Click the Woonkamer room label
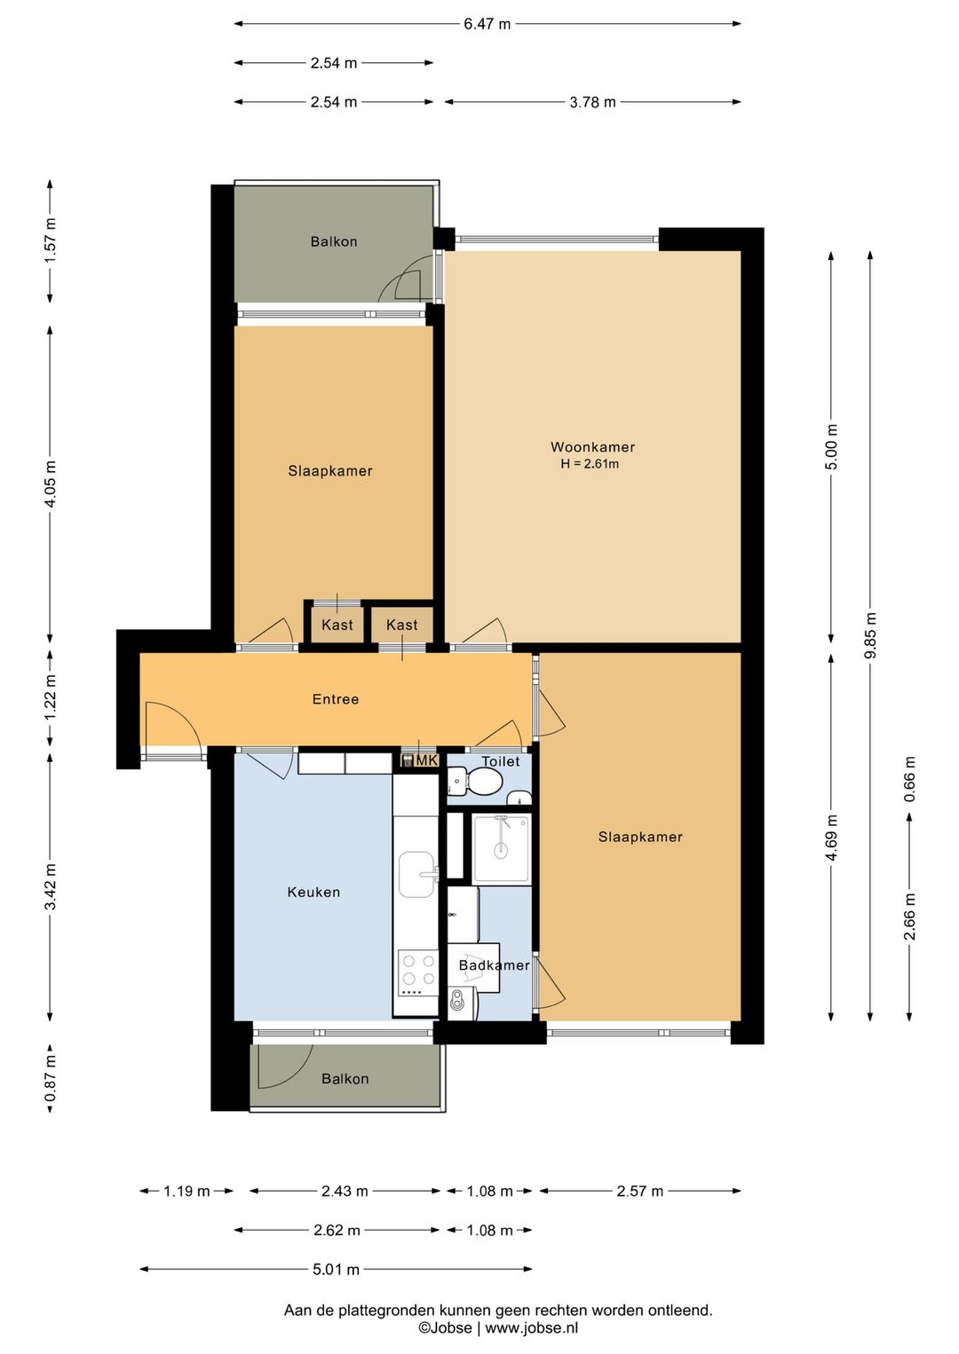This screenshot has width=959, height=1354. point(592,447)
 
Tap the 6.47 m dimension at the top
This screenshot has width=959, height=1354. point(487,24)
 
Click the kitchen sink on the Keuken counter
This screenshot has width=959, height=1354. point(417,875)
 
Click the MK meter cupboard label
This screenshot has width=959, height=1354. point(426,760)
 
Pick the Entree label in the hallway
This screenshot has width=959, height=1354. point(335,699)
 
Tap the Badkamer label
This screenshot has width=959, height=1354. point(495,965)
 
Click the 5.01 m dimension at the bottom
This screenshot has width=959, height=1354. point(336,1270)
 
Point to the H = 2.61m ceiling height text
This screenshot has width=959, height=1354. point(590,464)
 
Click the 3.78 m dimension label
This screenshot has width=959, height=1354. point(592,102)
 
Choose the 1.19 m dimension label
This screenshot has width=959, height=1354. point(186,1192)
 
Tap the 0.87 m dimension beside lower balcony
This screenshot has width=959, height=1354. point(51,1079)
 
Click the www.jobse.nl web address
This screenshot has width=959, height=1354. point(532,1328)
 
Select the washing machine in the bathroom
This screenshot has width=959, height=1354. point(464,1004)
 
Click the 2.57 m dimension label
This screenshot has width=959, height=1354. point(639,1192)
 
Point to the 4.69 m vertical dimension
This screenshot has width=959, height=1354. point(831,838)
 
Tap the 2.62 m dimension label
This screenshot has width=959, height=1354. point(337,1230)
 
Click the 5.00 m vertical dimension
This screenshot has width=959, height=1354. point(831,446)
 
